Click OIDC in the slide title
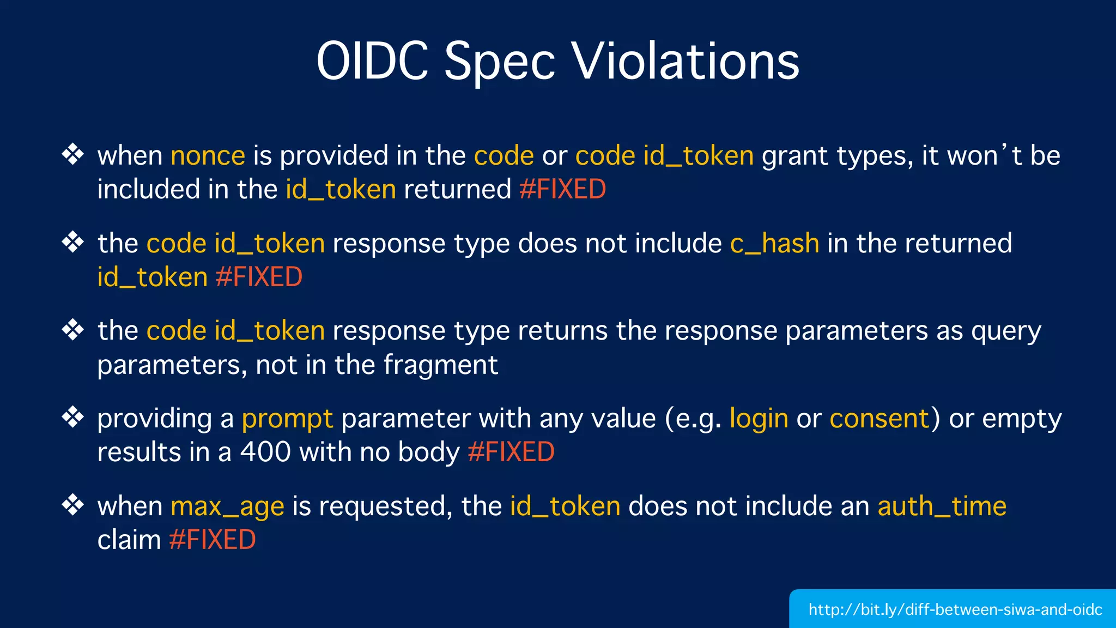372,61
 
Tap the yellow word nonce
208,156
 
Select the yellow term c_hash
774,243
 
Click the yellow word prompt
287,419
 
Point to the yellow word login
759,419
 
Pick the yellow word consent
879,419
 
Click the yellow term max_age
227,506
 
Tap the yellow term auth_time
942,506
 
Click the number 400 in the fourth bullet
265,452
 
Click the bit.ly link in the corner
955,609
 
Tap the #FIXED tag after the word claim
212,540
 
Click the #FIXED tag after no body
511,452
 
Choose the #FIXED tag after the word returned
562,189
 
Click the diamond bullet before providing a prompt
72,417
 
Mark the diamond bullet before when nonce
72,154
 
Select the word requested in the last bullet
386,506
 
